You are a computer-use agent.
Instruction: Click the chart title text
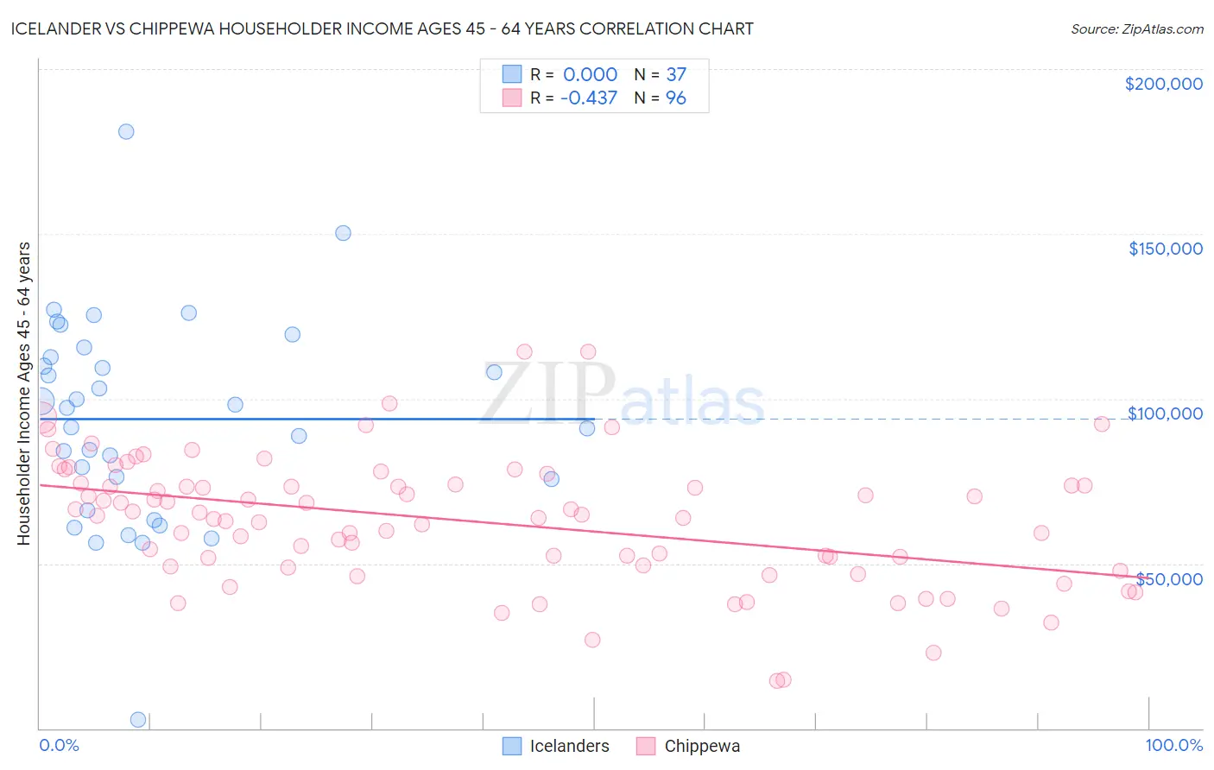tap(382, 28)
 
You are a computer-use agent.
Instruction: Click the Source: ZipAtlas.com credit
tap(1136, 28)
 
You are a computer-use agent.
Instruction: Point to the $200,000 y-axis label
tap(1163, 84)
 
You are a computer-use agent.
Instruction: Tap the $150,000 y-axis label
tap(1165, 249)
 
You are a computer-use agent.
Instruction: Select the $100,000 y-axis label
tap(1165, 413)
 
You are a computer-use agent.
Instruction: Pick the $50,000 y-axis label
tap(1169, 578)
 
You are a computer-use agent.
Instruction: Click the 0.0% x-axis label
tap(59, 745)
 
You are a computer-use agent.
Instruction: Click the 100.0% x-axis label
tap(1173, 745)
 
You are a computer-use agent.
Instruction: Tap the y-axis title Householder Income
tap(23, 393)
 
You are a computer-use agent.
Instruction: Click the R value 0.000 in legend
tap(590, 74)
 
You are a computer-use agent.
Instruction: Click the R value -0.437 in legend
tap(588, 98)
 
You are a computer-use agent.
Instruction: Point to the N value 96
tap(675, 98)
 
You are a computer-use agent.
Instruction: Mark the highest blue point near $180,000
tap(126, 132)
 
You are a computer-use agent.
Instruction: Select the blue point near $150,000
tap(343, 233)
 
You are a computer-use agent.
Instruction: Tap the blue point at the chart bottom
tap(137, 719)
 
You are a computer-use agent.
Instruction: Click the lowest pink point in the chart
tap(777, 681)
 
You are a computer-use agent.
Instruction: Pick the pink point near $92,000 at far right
tap(1101, 424)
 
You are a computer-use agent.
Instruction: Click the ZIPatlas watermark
tap(623, 395)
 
